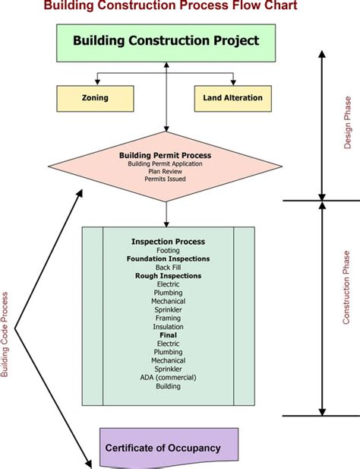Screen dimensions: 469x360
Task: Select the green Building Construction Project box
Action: click(x=166, y=41)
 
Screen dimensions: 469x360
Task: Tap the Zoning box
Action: click(x=95, y=98)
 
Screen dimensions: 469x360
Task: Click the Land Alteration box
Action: click(x=233, y=98)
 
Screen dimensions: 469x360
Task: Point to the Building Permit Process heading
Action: click(x=165, y=135)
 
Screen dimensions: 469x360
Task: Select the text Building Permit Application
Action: click(x=165, y=143)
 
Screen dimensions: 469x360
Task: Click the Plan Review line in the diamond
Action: click(x=165, y=151)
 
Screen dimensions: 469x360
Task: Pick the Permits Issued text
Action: click(x=165, y=158)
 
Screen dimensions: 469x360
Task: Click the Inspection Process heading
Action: click(x=168, y=242)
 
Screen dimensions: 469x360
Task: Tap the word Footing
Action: click(x=168, y=250)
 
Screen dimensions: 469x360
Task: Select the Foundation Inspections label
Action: click(x=168, y=259)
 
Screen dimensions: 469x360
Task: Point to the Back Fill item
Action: click(x=168, y=268)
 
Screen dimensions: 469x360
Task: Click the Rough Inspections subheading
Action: click(x=168, y=276)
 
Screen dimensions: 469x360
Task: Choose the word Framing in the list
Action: click(x=168, y=318)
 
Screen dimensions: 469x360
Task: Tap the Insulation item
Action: click(x=168, y=326)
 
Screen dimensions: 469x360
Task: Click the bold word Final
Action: click(x=168, y=334)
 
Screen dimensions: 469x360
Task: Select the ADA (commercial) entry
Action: click(x=168, y=377)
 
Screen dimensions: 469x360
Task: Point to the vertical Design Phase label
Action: click(x=348, y=122)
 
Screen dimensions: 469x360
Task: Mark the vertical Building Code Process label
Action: click(x=6, y=334)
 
